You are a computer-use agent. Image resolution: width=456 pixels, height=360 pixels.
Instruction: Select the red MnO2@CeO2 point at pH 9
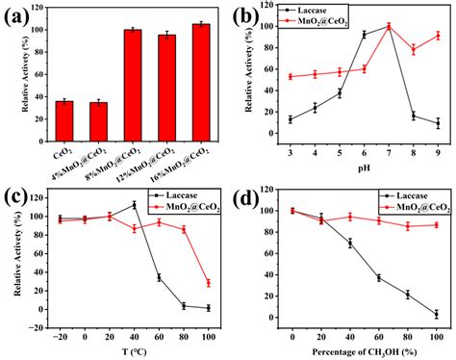[x=437, y=36]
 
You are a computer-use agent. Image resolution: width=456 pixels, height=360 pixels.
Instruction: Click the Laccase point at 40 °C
[x=135, y=204]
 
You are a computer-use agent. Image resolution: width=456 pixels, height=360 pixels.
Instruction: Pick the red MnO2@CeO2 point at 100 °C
[x=208, y=283]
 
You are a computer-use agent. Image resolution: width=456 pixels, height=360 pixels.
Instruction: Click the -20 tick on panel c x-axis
[x=61, y=332]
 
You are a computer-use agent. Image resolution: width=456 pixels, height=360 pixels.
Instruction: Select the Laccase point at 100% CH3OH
[x=436, y=313]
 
